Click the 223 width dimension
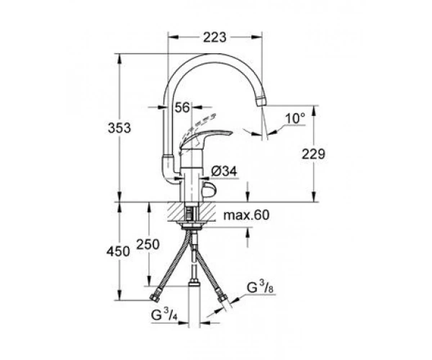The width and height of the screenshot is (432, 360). tap(215, 37)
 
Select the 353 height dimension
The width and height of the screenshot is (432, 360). tap(120, 128)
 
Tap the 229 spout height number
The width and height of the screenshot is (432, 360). tap(313, 154)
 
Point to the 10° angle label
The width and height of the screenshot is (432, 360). tap(295, 118)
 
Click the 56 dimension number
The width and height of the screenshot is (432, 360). tap(183, 107)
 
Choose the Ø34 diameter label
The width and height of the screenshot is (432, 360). tap(224, 171)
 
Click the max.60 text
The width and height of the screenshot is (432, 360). tap(246, 215)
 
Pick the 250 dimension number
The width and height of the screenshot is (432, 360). tap(148, 244)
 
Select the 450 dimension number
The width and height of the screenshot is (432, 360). tap(118, 252)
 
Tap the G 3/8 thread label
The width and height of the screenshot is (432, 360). tap(260, 287)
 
